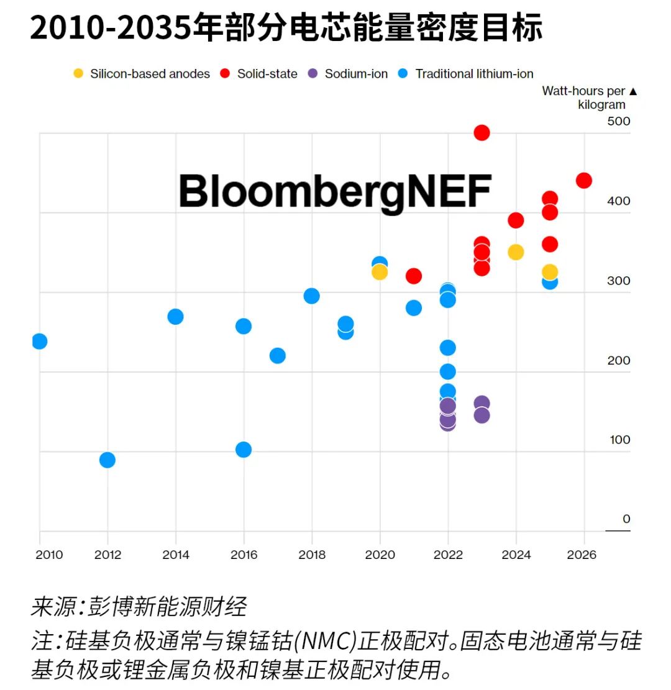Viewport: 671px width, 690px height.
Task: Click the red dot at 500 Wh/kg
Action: (x=482, y=132)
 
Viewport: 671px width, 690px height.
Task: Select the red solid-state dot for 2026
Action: (x=583, y=180)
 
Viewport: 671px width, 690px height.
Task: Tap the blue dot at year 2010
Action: (x=39, y=341)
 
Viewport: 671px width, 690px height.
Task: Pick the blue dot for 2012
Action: (x=107, y=460)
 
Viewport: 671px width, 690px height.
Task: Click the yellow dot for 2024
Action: (x=516, y=252)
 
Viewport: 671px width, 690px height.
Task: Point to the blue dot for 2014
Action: (x=175, y=317)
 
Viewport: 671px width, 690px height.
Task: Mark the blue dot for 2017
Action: (x=278, y=355)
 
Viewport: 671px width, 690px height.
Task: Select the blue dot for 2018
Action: (x=311, y=296)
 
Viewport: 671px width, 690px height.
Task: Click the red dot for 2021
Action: (x=414, y=276)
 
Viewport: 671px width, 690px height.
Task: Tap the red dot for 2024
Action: (x=516, y=220)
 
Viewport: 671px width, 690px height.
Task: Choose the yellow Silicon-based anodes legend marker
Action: (x=78, y=74)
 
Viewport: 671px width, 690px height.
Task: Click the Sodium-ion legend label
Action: (x=356, y=74)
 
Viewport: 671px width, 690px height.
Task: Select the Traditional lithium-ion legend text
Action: (x=474, y=74)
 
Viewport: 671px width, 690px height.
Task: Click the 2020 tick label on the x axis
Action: (x=380, y=555)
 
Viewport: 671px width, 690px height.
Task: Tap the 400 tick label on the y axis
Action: (x=618, y=201)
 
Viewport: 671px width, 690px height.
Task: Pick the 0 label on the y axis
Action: (x=626, y=519)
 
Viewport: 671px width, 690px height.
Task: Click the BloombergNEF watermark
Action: (x=335, y=191)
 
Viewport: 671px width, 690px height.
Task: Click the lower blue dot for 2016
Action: (x=244, y=449)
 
